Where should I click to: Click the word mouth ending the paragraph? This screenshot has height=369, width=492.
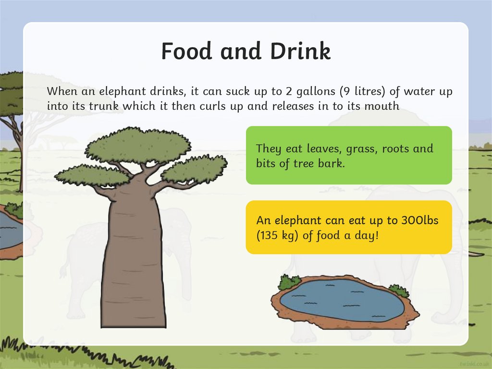[x=381, y=106]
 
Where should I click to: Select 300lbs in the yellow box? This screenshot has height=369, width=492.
[x=419, y=221]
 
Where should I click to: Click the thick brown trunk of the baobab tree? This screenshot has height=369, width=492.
[x=134, y=260]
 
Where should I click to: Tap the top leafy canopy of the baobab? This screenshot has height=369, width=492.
[x=138, y=145]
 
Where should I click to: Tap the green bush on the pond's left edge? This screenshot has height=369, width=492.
[x=289, y=282]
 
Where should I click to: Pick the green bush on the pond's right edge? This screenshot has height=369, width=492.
[x=398, y=291]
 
